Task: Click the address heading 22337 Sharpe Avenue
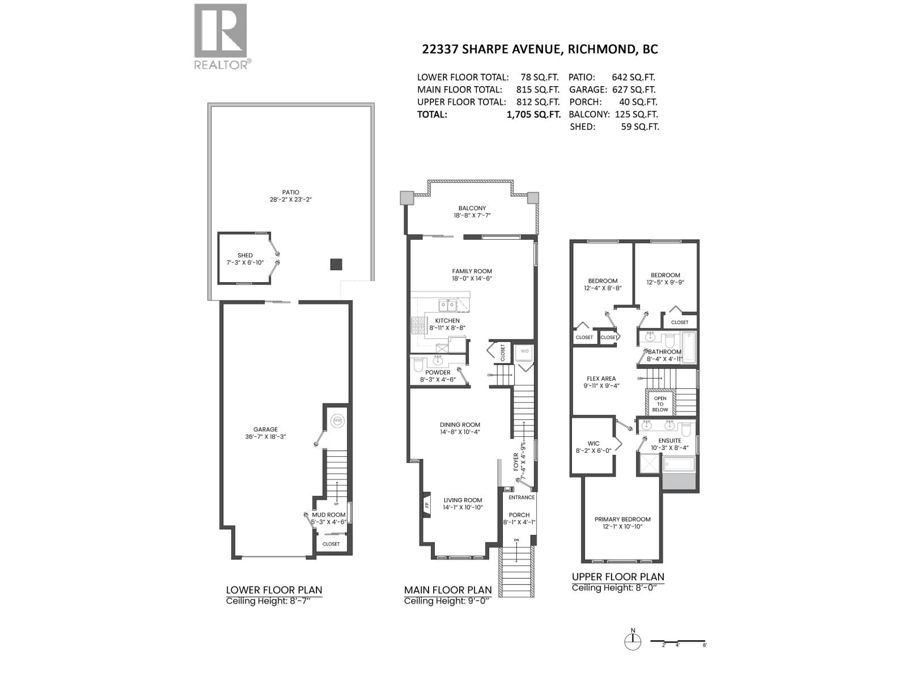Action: point(540,49)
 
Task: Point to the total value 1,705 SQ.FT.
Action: point(533,114)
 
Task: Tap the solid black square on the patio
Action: point(337,264)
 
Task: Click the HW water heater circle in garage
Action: point(338,420)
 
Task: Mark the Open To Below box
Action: point(660,403)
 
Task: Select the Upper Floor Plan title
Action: point(618,577)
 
